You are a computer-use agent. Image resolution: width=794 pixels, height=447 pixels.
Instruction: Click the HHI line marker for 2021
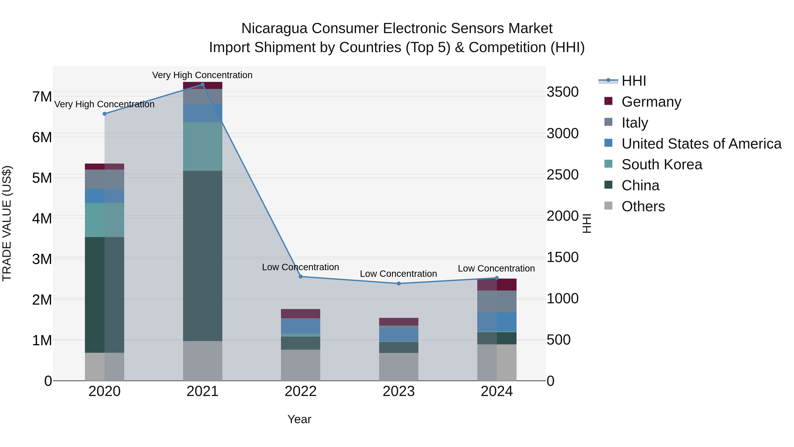(x=202, y=85)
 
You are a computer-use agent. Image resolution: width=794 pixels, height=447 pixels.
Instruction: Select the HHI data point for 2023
(x=399, y=283)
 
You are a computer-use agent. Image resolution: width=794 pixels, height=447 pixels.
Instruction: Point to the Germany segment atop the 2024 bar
(x=496, y=285)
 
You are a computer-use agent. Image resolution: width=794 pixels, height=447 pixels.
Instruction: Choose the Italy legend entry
(x=635, y=123)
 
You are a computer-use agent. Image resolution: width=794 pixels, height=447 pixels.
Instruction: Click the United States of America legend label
(x=701, y=143)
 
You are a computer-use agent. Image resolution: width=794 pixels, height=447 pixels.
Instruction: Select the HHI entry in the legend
(x=633, y=81)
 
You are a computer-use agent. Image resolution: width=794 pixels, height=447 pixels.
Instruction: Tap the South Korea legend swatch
(x=609, y=164)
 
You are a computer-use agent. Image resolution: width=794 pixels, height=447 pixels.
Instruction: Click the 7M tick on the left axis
(x=42, y=96)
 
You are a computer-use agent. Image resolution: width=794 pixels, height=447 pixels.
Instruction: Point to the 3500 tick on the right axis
(x=562, y=92)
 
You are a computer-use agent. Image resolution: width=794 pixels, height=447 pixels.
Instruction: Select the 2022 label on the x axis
(x=301, y=391)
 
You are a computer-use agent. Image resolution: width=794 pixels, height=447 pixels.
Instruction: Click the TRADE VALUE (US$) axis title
(x=7, y=223)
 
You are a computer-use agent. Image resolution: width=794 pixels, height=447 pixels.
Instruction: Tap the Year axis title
(x=299, y=419)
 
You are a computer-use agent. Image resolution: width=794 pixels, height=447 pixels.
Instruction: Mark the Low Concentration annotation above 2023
(x=398, y=274)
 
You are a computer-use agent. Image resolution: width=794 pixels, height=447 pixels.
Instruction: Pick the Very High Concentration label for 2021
(x=202, y=75)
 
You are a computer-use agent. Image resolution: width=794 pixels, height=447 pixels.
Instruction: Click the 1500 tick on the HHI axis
(x=562, y=257)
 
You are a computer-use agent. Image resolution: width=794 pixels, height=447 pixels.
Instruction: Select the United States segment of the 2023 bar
(x=399, y=334)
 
